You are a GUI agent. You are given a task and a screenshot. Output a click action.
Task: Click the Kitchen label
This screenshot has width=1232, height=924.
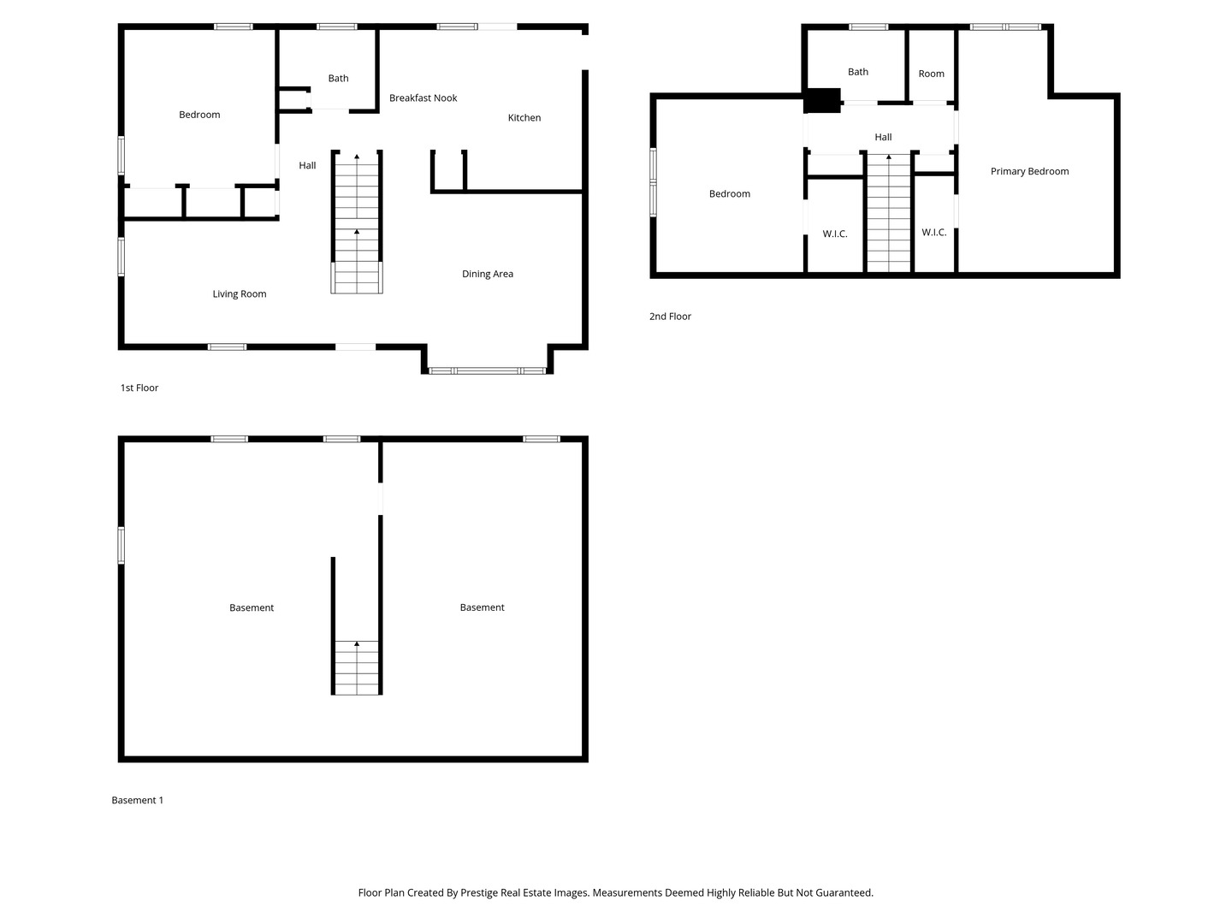click(524, 118)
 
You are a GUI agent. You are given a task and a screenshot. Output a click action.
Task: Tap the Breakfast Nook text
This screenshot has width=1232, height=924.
click(423, 98)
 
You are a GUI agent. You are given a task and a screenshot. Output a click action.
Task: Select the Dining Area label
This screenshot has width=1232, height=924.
click(488, 274)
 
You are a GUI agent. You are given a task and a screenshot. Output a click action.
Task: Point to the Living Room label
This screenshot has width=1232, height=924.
click(240, 294)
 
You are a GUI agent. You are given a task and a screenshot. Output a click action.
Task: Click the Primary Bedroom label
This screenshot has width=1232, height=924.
click(1029, 172)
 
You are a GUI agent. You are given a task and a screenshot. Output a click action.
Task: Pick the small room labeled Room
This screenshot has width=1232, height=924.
click(931, 74)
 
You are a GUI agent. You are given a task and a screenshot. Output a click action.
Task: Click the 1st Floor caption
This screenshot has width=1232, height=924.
click(139, 388)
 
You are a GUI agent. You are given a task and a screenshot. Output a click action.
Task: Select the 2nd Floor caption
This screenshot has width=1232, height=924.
click(670, 317)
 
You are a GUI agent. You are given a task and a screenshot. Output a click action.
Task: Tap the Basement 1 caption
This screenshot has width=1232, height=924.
click(137, 801)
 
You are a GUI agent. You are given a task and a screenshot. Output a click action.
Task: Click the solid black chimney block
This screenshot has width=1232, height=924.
click(823, 101)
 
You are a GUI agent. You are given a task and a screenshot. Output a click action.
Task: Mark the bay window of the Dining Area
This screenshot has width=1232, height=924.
click(487, 370)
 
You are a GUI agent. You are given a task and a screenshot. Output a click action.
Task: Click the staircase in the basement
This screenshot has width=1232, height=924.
click(357, 667)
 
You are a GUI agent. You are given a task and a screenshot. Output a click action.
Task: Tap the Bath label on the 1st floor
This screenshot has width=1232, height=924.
click(338, 79)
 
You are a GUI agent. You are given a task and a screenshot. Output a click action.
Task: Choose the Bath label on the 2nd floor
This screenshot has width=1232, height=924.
click(857, 73)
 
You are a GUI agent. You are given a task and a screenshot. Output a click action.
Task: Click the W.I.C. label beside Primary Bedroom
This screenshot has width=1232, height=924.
click(933, 233)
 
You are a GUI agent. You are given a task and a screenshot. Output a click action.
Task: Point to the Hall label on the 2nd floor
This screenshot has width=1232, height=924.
click(883, 138)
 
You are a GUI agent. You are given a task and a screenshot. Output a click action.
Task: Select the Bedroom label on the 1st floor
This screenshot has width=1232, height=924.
click(199, 115)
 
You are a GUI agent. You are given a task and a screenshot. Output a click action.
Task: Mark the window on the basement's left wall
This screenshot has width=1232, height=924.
click(121, 546)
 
